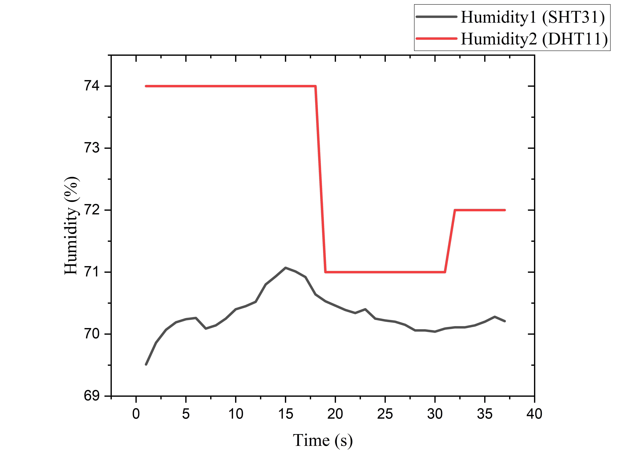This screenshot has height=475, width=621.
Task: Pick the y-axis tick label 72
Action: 92,210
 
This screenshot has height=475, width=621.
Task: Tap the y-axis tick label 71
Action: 92,272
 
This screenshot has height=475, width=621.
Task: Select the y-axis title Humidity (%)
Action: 71,226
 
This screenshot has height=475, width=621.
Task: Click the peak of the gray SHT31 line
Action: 285,267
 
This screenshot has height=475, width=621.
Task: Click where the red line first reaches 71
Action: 326,272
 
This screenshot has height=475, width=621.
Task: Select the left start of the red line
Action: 146,86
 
